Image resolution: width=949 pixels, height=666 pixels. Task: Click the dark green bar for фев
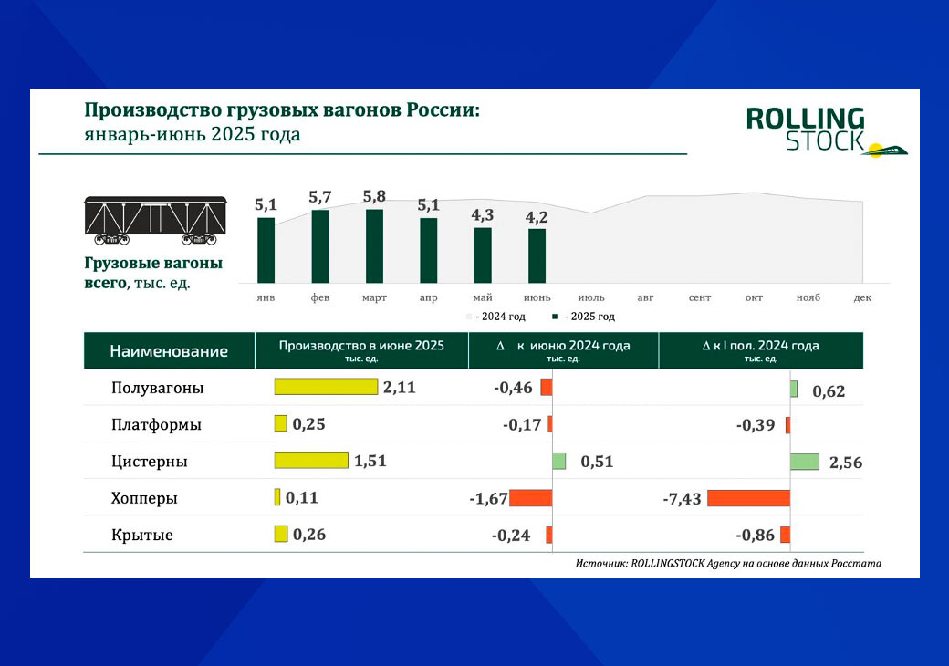pos(320,246)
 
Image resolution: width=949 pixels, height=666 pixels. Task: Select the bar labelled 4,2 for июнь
pos(537,255)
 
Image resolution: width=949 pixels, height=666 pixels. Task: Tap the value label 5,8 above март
pos(374,197)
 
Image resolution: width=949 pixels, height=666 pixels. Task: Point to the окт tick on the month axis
pos(754,298)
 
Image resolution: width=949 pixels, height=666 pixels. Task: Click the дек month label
pos(862,298)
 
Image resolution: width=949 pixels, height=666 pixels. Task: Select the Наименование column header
pos(169,351)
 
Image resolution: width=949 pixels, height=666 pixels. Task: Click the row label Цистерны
pos(150,462)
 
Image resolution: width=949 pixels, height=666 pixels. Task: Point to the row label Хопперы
pos(144,499)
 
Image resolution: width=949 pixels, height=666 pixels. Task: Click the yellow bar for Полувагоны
pos(326,387)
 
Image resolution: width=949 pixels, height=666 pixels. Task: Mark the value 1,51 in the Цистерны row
pos(370,461)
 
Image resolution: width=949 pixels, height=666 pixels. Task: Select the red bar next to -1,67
pos(531,498)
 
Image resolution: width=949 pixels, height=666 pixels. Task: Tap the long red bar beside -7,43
pos(748,498)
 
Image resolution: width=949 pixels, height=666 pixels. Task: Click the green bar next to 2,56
pos(805,462)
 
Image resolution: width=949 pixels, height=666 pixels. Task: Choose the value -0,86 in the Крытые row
pos(755,536)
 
